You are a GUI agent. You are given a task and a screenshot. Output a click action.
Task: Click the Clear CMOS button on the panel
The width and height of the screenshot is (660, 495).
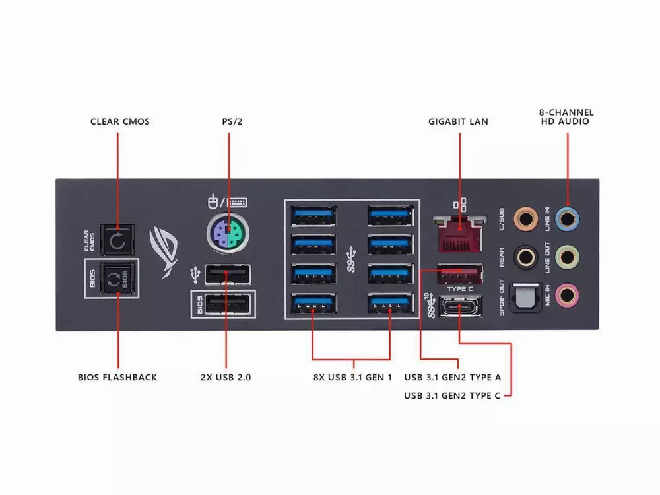pos(117,240)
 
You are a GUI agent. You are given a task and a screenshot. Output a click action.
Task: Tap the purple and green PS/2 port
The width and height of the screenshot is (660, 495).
pos(228,233)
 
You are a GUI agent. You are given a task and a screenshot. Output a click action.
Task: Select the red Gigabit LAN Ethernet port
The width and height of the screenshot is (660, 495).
pos(460,233)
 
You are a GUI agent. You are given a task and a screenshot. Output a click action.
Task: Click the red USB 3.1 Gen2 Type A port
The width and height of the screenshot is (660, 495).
pos(459,274)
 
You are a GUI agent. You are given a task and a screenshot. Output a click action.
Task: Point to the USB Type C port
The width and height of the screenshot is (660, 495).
pos(460,306)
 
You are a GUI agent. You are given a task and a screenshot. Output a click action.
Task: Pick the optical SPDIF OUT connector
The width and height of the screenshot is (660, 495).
pos(526,297)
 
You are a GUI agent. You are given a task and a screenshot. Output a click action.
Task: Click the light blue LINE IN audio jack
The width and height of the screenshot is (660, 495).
pos(568,219)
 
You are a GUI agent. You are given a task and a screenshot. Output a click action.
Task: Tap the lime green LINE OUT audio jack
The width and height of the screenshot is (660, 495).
pos(568,257)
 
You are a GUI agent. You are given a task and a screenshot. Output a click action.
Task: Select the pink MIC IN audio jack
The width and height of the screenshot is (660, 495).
pos(567,294)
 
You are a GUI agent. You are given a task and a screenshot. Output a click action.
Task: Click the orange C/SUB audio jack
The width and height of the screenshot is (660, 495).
pos(526,219)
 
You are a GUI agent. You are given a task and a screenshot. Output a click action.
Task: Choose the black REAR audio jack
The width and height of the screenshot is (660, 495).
pos(526,257)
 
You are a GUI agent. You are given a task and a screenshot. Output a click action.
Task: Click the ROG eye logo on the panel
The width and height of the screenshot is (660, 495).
pos(164,252)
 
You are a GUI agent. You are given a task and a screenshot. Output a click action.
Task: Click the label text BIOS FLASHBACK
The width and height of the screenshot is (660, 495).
pos(117,377)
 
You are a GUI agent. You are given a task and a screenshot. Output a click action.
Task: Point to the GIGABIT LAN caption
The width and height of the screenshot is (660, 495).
pos(459,121)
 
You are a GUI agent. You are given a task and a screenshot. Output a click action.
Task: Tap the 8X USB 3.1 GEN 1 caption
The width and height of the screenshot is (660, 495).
pos(352,377)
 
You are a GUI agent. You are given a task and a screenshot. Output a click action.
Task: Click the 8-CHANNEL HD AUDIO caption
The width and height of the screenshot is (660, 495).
pos(566,117)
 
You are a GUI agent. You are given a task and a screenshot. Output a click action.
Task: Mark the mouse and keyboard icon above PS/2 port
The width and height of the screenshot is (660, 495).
pos(227,202)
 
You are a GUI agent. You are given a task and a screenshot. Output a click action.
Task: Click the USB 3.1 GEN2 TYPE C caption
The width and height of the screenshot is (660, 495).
pos(453,395)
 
